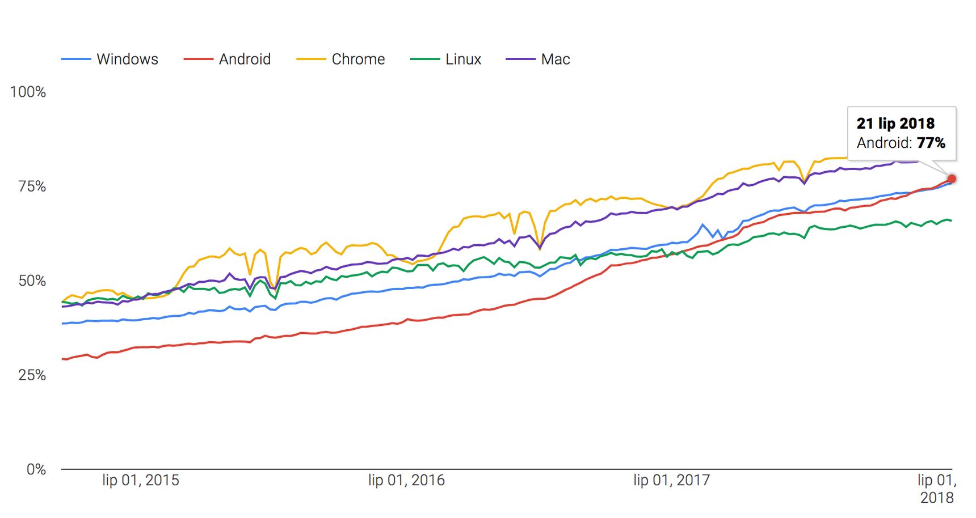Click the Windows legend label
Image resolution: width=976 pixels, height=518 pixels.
pos(127,59)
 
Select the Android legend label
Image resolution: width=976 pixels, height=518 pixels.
pos(245,59)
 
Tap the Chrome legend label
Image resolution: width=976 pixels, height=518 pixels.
pos(358,59)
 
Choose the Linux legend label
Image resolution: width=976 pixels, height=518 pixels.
pos(463,59)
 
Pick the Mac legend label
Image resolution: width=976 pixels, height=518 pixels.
pos(556,59)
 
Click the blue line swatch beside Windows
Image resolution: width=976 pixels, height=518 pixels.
pos(76,59)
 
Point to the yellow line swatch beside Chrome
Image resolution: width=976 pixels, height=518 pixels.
pos(311,59)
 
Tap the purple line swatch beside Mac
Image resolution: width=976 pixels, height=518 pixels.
pos(520,59)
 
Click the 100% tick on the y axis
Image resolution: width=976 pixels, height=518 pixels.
pos(28,92)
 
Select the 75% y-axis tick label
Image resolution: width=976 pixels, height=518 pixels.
pos(32,186)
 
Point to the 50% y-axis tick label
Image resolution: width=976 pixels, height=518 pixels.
pos(32,281)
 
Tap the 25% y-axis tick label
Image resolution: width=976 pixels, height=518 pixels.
pos(32,375)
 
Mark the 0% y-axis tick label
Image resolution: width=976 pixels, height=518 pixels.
pos(36,469)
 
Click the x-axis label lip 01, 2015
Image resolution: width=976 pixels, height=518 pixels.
pos(141,481)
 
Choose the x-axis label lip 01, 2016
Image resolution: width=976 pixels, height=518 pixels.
pos(406,481)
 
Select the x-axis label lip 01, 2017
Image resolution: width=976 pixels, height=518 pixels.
pos(671,481)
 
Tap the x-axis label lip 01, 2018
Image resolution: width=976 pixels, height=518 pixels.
pos(937,489)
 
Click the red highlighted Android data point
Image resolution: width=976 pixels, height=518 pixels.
pos(952,179)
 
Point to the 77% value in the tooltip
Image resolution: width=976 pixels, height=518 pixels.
pos(931,143)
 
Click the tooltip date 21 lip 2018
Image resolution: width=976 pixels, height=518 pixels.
pos(895,124)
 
